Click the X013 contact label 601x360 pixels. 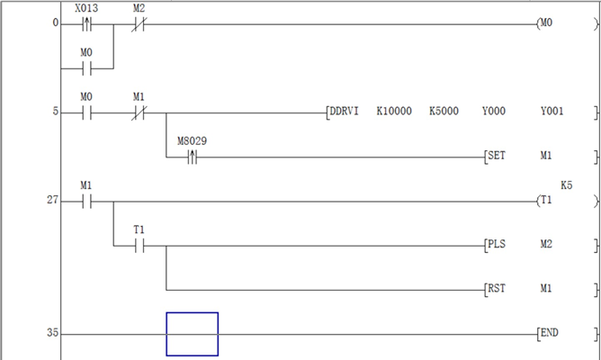click(86, 7)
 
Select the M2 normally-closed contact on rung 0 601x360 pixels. click(139, 23)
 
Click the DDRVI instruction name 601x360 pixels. click(345, 112)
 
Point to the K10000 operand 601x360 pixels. click(393, 112)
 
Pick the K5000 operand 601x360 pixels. click(444, 112)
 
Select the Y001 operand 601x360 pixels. click(552, 112)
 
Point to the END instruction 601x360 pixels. click(549, 333)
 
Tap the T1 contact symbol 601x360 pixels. click(139, 246)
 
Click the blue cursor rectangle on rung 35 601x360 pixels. click(192, 334)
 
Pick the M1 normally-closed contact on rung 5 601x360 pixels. click(139, 112)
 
